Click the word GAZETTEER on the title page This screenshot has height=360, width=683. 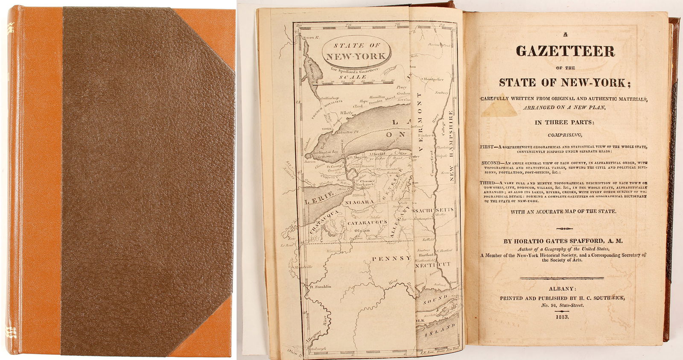(x=565, y=51)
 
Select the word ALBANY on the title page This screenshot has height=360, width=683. (x=563, y=289)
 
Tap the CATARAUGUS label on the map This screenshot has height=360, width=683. (x=367, y=222)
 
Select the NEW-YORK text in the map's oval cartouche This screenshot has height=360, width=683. (x=356, y=56)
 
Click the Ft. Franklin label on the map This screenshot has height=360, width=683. (x=321, y=287)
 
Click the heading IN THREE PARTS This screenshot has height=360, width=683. (x=564, y=122)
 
